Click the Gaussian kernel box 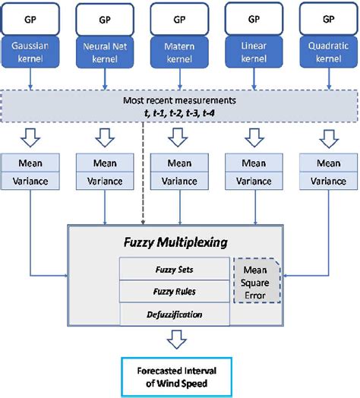point(30,50)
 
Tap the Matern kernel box point(179,51)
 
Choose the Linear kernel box point(254,51)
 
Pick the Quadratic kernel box point(328,51)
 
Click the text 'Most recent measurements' point(179,100)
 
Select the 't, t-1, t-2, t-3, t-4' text point(179,112)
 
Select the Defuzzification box point(174,312)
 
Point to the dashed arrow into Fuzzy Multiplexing point(143,175)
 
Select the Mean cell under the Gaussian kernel point(30,163)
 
